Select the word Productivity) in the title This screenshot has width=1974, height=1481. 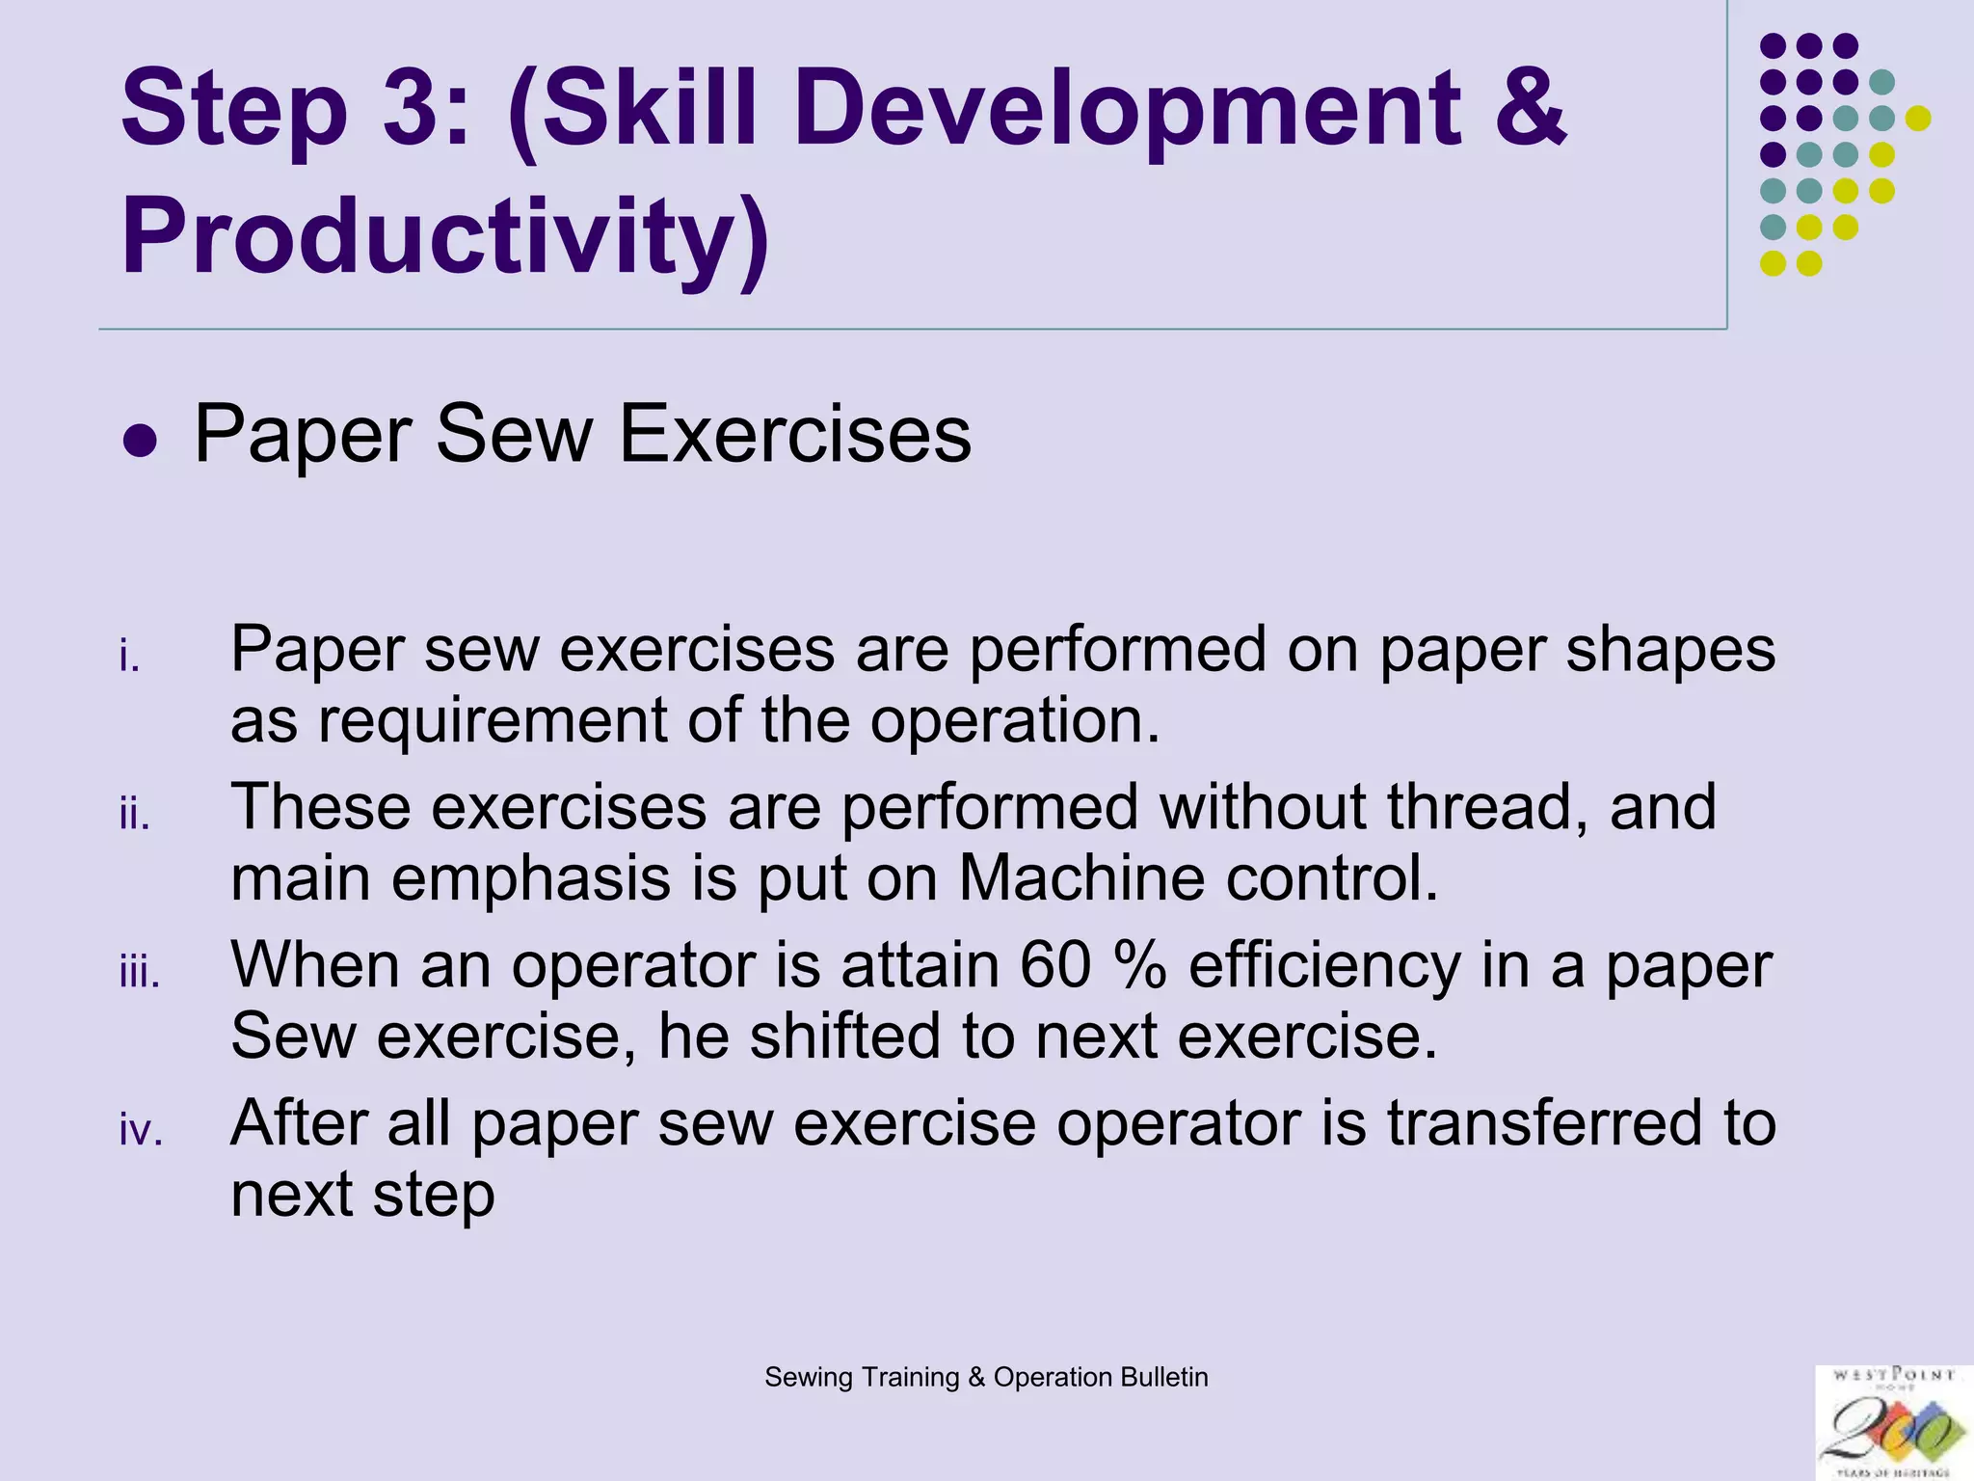tap(445, 236)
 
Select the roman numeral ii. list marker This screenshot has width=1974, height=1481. tap(135, 815)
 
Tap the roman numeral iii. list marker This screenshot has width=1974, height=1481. tap(139, 973)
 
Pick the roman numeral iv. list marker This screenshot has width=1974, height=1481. tap(141, 1130)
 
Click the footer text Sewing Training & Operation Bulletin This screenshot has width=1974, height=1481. tap(986, 1377)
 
